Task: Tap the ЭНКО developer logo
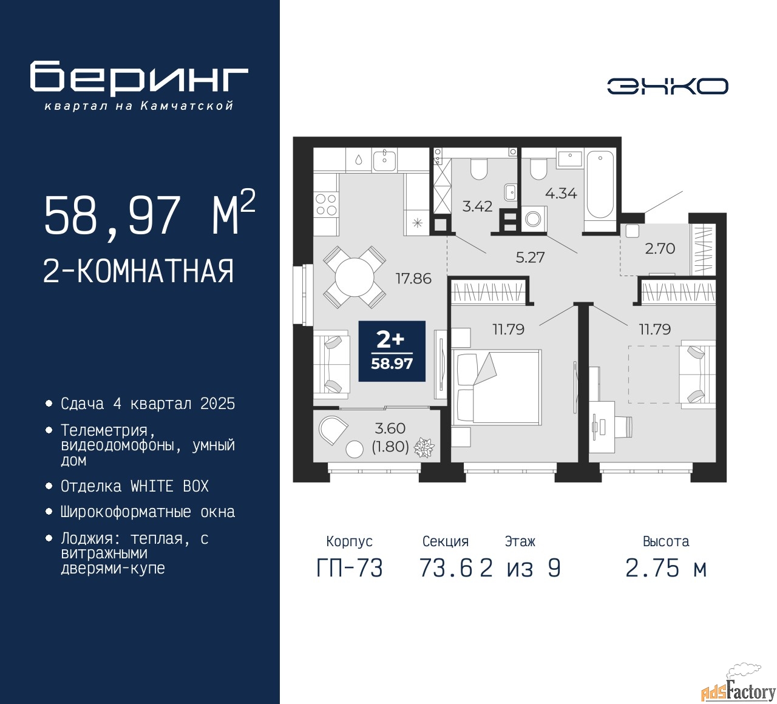coord(667,86)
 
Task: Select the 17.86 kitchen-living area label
coord(413,279)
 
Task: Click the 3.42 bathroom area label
coord(477,206)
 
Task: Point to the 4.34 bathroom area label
coord(562,193)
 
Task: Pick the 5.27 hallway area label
coord(530,257)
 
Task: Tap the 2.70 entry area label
coord(660,248)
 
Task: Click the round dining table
coord(355,277)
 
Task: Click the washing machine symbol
coord(534,219)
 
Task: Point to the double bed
coord(496,386)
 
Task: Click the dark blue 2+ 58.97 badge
coord(392,351)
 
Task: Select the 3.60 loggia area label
coord(390,428)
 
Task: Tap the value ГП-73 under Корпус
coord(350,568)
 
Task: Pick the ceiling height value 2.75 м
coord(666,568)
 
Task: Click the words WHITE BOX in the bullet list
coord(169,486)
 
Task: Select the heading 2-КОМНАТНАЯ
coord(138,271)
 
